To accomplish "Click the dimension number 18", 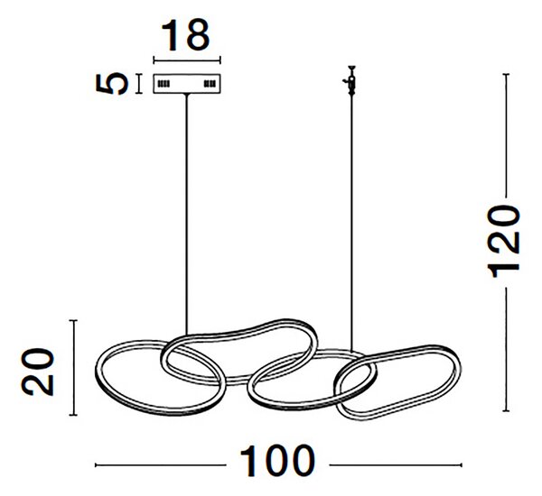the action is click(x=185, y=35).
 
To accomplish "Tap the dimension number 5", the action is click(x=112, y=83).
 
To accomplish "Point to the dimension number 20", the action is click(x=38, y=372).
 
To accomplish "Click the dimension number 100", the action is click(x=277, y=461).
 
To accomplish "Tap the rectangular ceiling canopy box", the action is click(x=187, y=84).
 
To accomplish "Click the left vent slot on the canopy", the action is click(x=164, y=84).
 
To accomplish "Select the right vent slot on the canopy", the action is click(x=210, y=84).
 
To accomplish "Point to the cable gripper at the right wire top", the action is click(x=351, y=80).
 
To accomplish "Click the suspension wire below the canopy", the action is click(x=187, y=214).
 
